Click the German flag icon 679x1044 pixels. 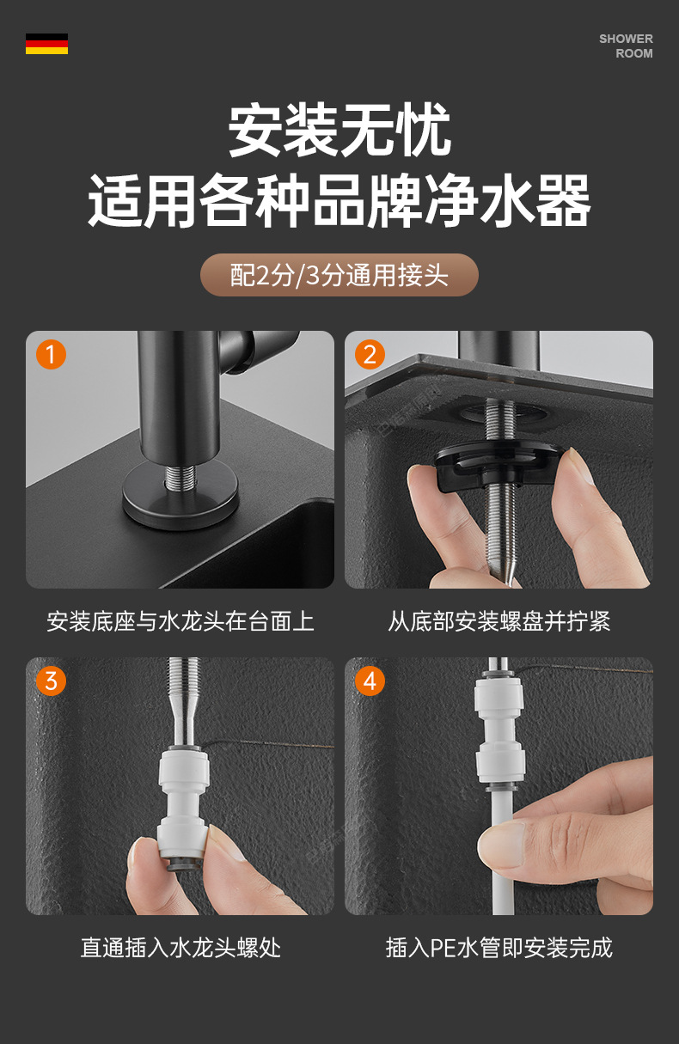[x=46, y=44]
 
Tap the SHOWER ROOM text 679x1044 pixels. [x=626, y=46]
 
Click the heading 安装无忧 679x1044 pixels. [x=339, y=130]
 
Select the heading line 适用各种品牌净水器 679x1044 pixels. [x=339, y=201]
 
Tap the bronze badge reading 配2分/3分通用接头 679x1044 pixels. [x=339, y=275]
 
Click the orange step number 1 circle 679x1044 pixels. [x=51, y=355]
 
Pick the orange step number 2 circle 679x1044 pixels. [x=370, y=355]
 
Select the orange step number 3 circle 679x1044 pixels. [x=51, y=681]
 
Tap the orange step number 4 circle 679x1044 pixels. [x=370, y=681]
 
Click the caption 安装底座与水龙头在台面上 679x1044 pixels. [x=180, y=621]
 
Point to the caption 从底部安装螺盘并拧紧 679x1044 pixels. [x=499, y=621]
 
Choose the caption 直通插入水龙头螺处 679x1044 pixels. [x=180, y=948]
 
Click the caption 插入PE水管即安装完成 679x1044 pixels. [x=499, y=948]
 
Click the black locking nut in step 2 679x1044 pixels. [x=499, y=465]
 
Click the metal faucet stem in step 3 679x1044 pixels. [x=184, y=704]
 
